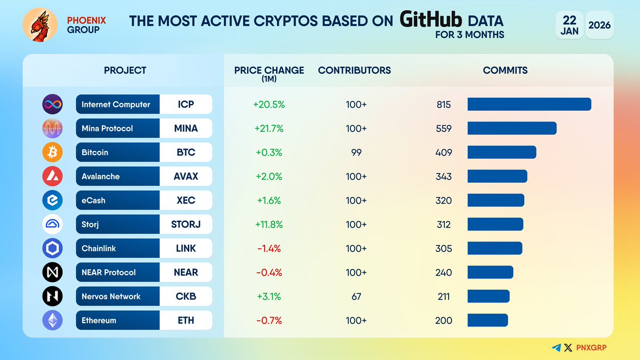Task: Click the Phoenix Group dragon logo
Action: click(39, 25)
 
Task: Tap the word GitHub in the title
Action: click(430, 20)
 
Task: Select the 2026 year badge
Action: click(599, 25)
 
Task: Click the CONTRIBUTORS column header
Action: click(354, 70)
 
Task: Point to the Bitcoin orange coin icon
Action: click(52, 153)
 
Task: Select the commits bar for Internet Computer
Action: click(529, 105)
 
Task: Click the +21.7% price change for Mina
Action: click(269, 129)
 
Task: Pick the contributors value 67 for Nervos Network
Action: click(356, 297)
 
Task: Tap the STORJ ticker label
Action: click(186, 225)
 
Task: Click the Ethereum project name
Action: click(99, 321)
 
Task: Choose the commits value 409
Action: click(443, 153)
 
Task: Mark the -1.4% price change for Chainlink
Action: click(269, 249)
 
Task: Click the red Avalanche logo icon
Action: click(52, 177)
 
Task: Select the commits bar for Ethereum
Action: click(487, 321)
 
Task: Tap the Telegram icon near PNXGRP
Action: click(556, 348)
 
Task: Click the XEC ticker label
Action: click(186, 201)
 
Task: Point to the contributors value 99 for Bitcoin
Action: click(356, 153)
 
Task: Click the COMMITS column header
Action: click(505, 70)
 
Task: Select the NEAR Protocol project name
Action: click(108, 273)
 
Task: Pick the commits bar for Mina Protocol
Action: click(512, 129)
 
